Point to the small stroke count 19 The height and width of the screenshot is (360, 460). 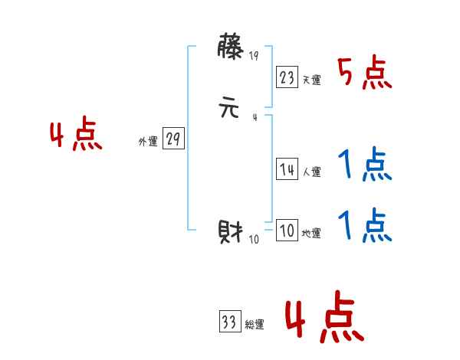(x=255, y=56)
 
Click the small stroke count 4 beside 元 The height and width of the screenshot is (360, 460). (x=255, y=117)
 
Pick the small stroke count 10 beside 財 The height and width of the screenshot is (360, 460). (x=255, y=240)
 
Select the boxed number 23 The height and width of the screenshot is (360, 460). (x=287, y=77)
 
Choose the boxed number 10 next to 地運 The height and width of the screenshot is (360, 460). (x=287, y=231)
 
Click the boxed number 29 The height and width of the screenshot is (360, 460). (x=174, y=139)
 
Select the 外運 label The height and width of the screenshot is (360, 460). (x=148, y=142)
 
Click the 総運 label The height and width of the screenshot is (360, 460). (x=255, y=325)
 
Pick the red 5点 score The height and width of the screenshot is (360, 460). (x=365, y=74)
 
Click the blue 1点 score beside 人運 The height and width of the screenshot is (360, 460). (x=365, y=165)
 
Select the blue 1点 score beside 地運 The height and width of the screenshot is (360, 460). (x=365, y=226)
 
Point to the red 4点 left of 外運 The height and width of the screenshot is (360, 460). (x=76, y=136)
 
